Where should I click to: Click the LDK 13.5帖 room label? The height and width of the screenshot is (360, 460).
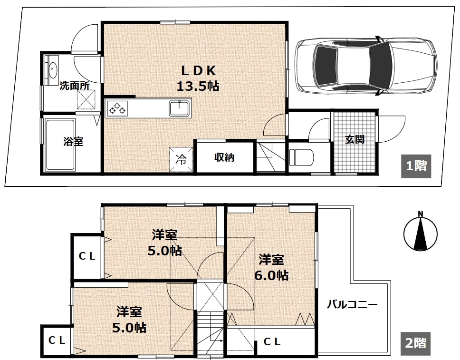pyautogui.click(x=198, y=78)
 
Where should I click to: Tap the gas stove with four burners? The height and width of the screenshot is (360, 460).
pyautogui.click(x=117, y=108)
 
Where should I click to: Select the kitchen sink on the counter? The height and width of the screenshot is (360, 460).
pyautogui.click(x=180, y=108)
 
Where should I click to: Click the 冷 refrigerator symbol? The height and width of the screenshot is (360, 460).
pyautogui.click(x=181, y=159)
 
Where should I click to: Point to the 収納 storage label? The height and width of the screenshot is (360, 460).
pyautogui.click(x=224, y=157)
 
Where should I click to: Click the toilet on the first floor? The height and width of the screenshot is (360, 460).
pyautogui.click(x=301, y=157)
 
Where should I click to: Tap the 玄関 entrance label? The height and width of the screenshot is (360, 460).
pyautogui.click(x=355, y=139)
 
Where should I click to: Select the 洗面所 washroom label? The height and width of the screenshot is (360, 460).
pyautogui.click(x=75, y=86)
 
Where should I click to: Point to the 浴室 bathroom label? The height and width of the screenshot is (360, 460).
pyautogui.click(x=73, y=142)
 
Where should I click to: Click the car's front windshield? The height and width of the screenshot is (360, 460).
pyautogui.click(x=380, y=65)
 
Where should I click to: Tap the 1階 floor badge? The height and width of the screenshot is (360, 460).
pyautogui.click(x=416, y=166)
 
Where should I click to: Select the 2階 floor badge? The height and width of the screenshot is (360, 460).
pyautogui.click(x=415, y=343)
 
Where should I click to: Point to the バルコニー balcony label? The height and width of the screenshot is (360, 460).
pyautogui.click(x=352, y=304)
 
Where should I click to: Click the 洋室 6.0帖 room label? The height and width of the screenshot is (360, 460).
pyautogui.click(x=271, y=268)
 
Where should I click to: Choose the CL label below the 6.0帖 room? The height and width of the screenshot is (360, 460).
pyautogui.click(x=272, y=341)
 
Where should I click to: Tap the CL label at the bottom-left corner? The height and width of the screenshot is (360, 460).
pyautogui.click(x=57, y=341)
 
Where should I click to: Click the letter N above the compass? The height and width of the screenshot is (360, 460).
pyautogui.click(x=421, y=214)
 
